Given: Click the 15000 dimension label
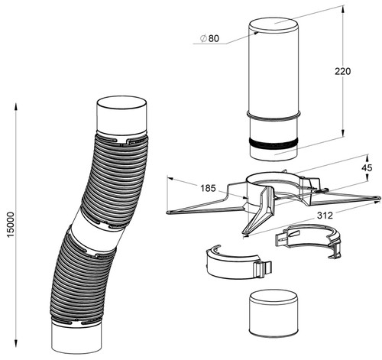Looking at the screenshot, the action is click(x=11, y=225).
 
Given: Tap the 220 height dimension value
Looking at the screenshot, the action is click(x=342, y=71).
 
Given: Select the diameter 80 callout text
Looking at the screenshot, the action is click(x=209, y=38).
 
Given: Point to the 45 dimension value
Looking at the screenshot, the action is click(x=367, y=168).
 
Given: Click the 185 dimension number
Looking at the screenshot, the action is click(x=208, y=188).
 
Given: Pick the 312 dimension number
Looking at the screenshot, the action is click(x=325, y=216).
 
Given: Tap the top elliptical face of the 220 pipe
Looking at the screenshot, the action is click(x=274, y=24).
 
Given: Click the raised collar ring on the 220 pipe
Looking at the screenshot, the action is click(x=274, y=115).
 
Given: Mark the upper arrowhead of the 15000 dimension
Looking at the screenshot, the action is click(x=16, y=106).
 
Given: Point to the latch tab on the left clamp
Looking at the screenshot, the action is click(x=262, y=270).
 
